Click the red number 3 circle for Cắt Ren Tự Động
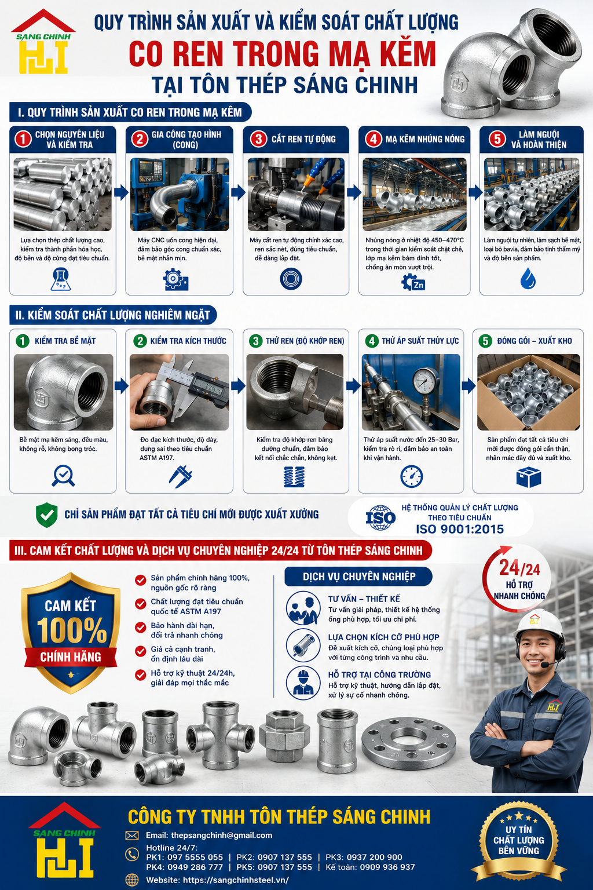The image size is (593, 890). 258,139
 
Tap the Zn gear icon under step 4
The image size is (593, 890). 413,283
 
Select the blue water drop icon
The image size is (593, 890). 528,278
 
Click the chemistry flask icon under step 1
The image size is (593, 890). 61,279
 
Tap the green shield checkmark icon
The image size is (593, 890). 47,515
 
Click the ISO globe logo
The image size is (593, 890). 380,517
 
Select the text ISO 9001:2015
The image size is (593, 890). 460,529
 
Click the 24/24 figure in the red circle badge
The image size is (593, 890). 519,568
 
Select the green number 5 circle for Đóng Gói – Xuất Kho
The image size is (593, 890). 485,341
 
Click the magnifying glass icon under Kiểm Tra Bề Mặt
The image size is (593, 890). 63,475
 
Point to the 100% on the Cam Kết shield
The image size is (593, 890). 72,630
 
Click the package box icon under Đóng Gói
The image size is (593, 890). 529,477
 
